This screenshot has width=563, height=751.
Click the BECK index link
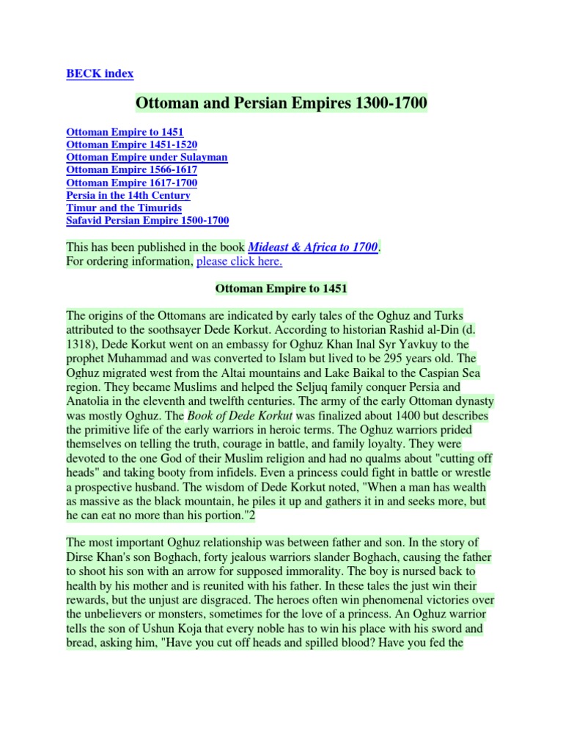point(100,73)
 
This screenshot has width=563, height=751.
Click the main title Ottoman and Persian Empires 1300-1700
point(281,104)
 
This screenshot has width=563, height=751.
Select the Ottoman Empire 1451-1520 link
point(131,145)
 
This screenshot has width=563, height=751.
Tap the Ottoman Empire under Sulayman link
point(147,158)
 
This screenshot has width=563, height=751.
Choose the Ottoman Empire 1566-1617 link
point(131,170)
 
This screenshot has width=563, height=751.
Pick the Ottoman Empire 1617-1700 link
point(131,183)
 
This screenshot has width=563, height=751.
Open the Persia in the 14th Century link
point(128,195)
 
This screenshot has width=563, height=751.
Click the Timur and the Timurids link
point(123,208)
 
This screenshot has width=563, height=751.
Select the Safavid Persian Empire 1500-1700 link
point(147,220)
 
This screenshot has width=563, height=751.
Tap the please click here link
point(240,261)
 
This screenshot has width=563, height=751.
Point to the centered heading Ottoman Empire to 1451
point(281,288)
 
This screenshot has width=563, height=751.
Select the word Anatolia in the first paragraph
point(89,401)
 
